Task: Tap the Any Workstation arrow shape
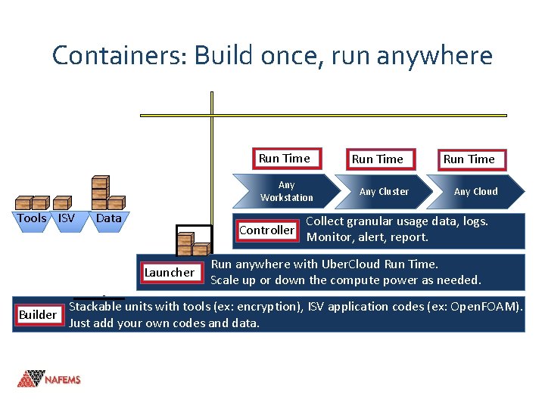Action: tap(286, 191)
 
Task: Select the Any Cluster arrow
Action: tap(384, 191)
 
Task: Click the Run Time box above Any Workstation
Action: tap(285, 159)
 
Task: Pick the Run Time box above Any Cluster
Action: tap(377, 159)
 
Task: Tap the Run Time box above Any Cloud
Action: tap(469, 159)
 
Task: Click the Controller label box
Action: tap(266, 230)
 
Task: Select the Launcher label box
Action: tap(170, 272)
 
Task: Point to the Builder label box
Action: tap(38, 314)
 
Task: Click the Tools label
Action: tap(32, 218)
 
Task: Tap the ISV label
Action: tap(67, 218)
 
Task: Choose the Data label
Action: tap(109, 218)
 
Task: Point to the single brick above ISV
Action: tap(64, 202)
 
